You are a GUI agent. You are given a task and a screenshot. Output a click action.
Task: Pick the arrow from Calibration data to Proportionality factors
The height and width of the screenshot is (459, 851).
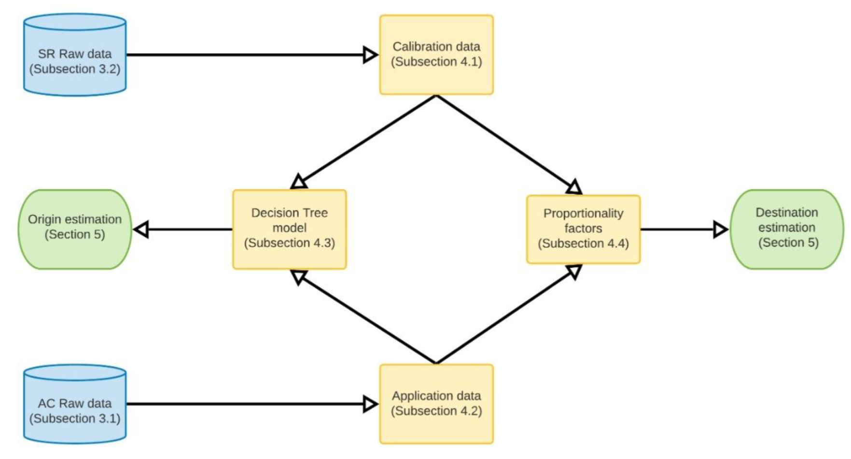pyautogui.click(x=507, y=142)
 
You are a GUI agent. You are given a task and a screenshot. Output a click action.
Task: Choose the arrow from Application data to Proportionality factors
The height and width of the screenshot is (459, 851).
pyautogui.click(x=507, y=316)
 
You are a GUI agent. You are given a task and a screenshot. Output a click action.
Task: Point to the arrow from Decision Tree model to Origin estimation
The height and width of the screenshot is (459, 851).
pyautogui.click(x=183, y=229)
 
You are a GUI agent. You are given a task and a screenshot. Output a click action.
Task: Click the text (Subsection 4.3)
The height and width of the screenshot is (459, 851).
pyautogui.click(x=289, y=243)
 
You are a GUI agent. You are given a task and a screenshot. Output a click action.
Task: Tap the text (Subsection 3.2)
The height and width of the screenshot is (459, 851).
pyautogui.click(x=75, y=69)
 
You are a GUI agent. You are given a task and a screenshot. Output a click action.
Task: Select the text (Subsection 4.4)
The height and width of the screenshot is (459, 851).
pyautogui.click(x=583, y=243)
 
